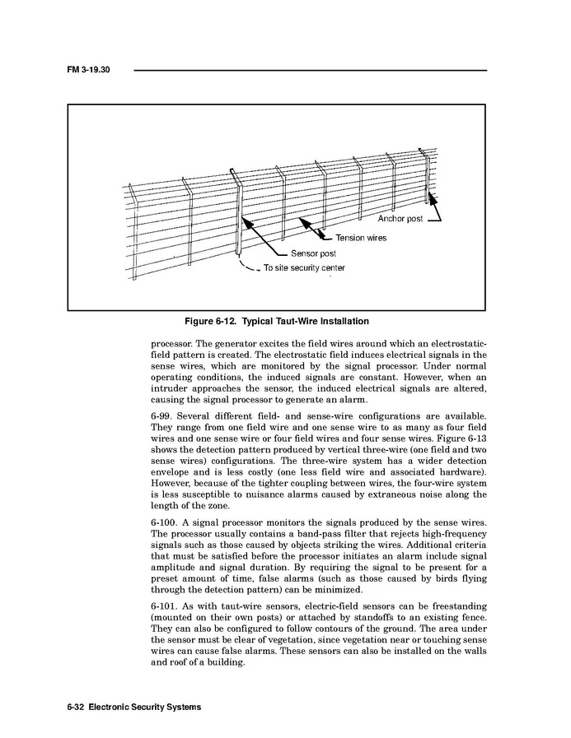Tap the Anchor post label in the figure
(x=400, y=220)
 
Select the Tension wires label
(x=360, y=238)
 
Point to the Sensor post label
(x=312, y=253)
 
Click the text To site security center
(x=303, y=268)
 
